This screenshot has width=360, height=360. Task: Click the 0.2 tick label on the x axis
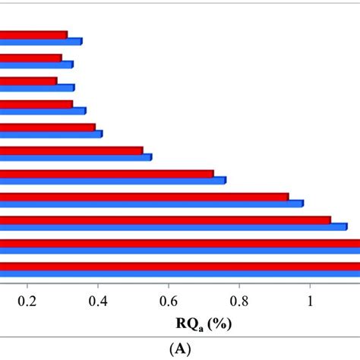point(27,300)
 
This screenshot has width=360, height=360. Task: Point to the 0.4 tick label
point(98,300)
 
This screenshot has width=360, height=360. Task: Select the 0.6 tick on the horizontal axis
point(169,300)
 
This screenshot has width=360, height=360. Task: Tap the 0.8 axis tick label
point(239,300)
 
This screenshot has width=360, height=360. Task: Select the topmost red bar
point(33,35)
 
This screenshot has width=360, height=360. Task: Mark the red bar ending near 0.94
point(144,197)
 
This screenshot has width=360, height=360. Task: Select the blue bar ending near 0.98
point(152,204)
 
